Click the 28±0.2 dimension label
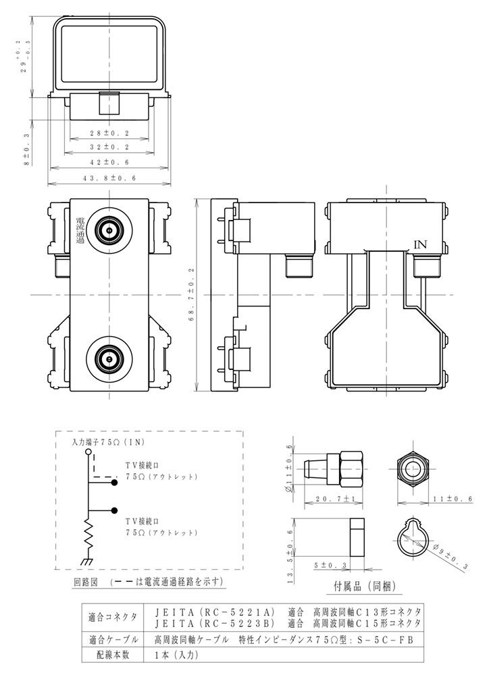(x=109, y=133)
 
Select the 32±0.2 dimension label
(x=109, y=146)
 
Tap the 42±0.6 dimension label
(x=109, y=163)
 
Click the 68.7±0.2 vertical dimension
(x=191, y=295)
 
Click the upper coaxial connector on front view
(x=108, y=231)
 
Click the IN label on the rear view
(x=420, y=245)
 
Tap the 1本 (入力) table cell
(x=172, y=653)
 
